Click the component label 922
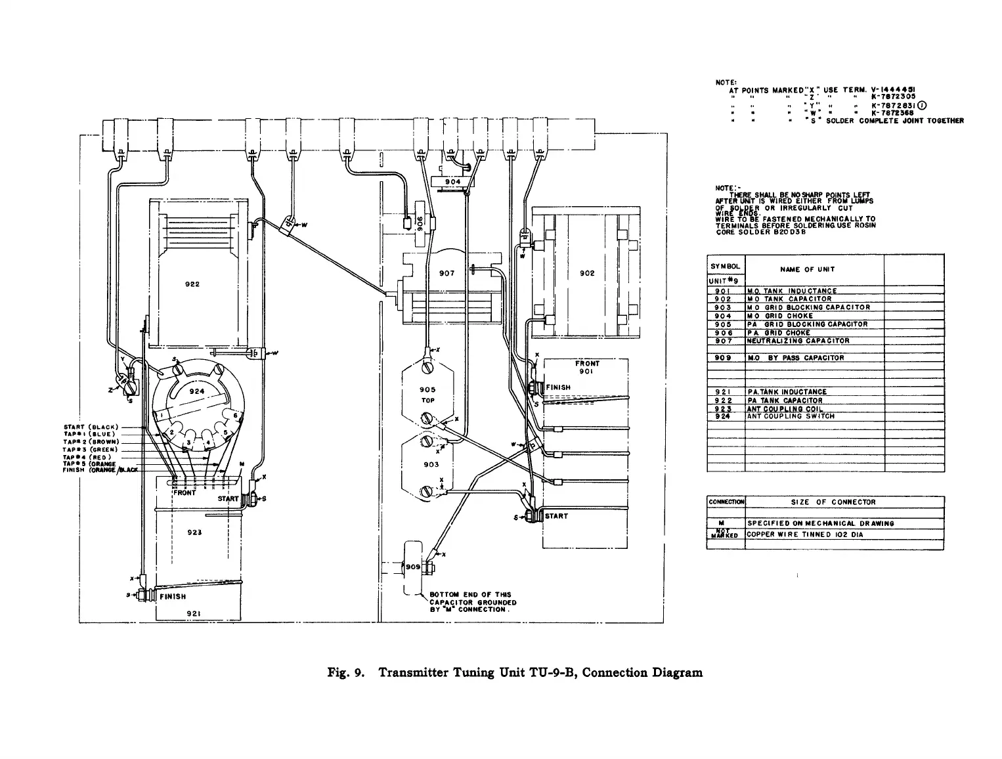coord(192,284)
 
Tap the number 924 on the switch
coord(197,391)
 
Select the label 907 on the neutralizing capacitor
coord(447,273)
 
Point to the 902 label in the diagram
coord(587,273)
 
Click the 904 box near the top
coord(453,182)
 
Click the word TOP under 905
coord(427,400)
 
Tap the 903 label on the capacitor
coord(431,464)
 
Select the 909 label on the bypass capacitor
coord(412,566)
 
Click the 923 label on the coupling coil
coord(194,532)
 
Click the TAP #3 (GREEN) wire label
coord(91,449)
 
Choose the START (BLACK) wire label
coord(90,427)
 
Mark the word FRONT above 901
coord(587,363)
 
